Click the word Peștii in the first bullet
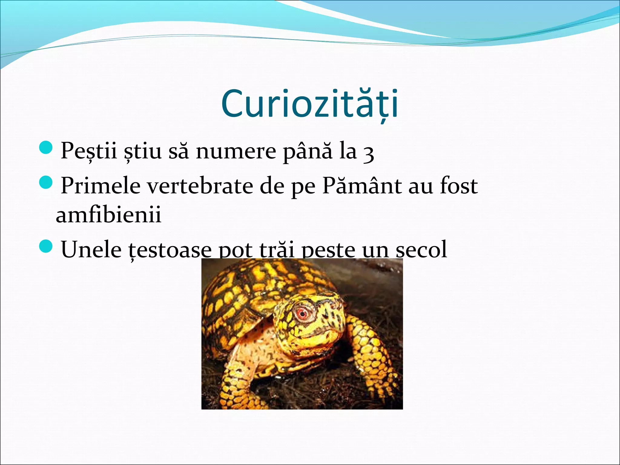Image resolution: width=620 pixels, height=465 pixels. pyautogui.click(x=89, y=150)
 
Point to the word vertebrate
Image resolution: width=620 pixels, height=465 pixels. pyautogui.click(x=200, y=186)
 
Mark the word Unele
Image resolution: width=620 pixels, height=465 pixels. pyautogui.click(x=91, y=249)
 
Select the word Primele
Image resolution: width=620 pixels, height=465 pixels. pyautogui.click(x=101, y=186)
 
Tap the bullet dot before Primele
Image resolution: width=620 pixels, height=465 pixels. pyautogui.click(x=46, y=183)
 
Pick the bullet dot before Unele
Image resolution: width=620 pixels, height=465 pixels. pyautogui.click(x=46, y=246)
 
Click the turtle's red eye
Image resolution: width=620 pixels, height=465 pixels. pyautogui.click(x=302, y=314)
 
